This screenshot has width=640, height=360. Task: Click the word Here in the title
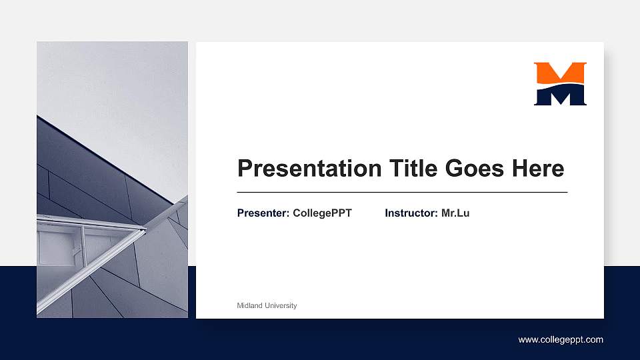coord(538,169)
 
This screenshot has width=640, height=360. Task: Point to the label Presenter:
coord(263,213)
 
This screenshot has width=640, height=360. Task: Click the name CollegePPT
coord(322,213)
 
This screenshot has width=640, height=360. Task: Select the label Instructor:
coord(411,213)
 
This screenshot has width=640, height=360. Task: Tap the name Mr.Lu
coord(455,213)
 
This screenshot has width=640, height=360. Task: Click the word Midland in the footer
coord(250,305)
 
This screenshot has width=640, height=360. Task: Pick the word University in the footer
coord(281,305)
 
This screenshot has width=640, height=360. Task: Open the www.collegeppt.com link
coord(561,340)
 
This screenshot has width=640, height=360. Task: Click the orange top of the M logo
coord(560,72)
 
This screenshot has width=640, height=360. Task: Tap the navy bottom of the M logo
coord(560,96)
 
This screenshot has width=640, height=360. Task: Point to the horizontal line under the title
coord(402,192)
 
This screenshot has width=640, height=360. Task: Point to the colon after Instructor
coord(437,214)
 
